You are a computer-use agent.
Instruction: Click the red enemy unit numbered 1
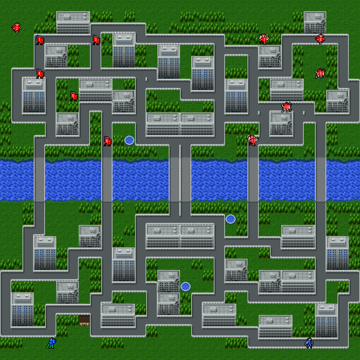click(40, 40)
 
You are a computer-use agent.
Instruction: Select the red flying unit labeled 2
click(16, 27)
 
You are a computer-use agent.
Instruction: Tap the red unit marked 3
click(96, 40)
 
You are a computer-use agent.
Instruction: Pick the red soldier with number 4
click(40, 73)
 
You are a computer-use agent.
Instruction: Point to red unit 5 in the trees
click(73, 96)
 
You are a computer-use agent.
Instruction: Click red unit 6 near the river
click(107, 141)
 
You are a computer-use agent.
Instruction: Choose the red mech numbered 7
click(264, 39)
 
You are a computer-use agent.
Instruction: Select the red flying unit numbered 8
click(320, 39)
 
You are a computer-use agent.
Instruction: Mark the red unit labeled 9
click(320, 73)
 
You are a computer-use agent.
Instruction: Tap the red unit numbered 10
click(287, 107)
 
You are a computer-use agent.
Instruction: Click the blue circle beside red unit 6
click(129, 140)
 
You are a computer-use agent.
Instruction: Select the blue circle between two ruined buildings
click(186, 287)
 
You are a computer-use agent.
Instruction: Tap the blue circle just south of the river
click(231, 219)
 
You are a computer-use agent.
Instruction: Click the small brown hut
click(84, 320)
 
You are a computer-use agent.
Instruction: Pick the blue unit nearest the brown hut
click(51, 343)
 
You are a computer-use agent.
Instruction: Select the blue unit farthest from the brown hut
click(309, 343)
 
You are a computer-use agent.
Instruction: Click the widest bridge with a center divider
click(180, 180)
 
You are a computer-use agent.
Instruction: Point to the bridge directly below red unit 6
click(107, 180)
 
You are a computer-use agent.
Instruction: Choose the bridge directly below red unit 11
click(253, 180)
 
